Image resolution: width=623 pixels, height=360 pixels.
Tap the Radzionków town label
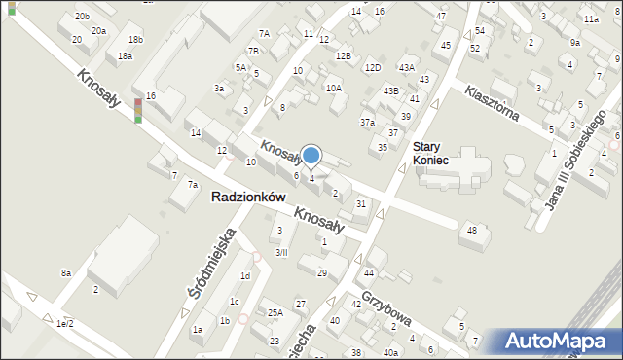(x=252, y=197)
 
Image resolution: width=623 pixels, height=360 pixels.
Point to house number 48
(x=472, y=230)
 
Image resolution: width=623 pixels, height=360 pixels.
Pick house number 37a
(x=367, y=123)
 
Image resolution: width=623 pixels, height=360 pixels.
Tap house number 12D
(x=372, y=68)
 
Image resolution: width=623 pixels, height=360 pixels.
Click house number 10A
(x=334, y=89)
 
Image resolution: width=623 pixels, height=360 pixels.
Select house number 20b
(x=82, y=17)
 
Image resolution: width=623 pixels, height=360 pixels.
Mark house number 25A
(x=275, y=312)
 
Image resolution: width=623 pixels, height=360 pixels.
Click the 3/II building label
(x=281, y=252)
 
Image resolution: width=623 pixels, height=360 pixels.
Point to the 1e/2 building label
(x=65, y=322)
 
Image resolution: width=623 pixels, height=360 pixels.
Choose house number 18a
(x=125, y=56)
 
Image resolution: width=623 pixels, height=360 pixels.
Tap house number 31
(x=361, y=203)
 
